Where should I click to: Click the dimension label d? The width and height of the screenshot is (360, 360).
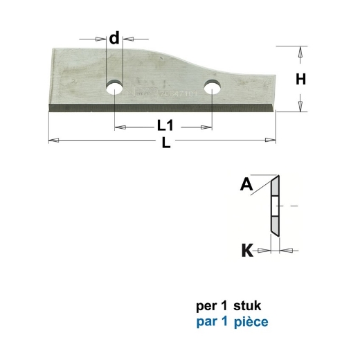click(x=114, y=38)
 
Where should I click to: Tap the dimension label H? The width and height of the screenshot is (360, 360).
click(x=300, y=79)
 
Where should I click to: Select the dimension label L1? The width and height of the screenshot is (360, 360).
click(x=163, y=126)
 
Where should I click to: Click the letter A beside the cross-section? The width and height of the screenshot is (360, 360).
click(x=246, y=184)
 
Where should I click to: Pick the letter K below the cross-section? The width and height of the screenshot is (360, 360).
click(x=246, y=250)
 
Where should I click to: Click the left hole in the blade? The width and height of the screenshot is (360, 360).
click(x=114, y=88)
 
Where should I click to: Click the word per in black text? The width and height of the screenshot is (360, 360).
click(x=206, y=305)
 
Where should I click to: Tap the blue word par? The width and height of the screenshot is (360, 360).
click(x=206, y=321)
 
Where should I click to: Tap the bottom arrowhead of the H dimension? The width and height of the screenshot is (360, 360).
click(x=300, y=106)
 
